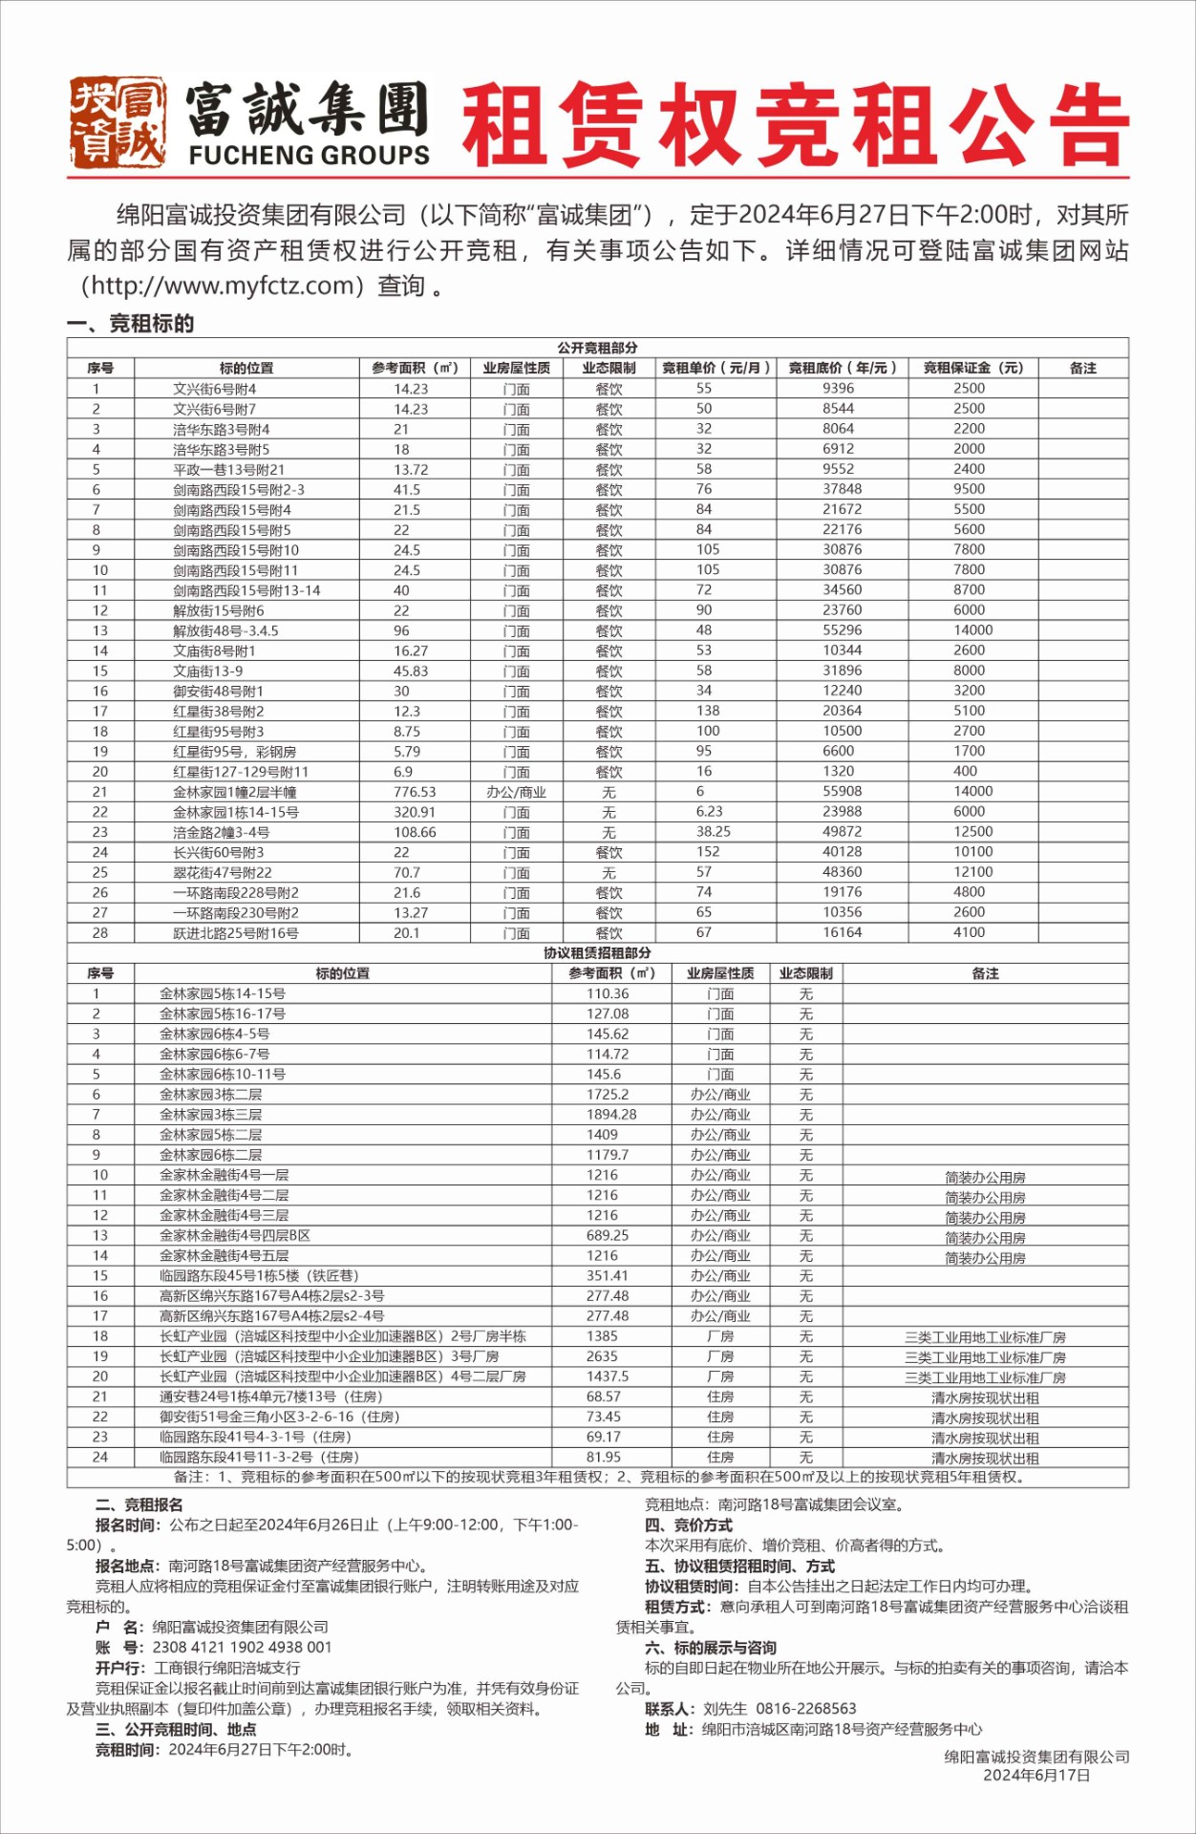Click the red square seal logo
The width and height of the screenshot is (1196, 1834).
[x=117, y=123]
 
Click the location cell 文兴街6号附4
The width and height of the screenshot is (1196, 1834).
[x=215, y=389]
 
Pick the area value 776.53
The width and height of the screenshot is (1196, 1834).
[x=415, y=792]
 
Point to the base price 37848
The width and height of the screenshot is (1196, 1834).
[x=842, y=489]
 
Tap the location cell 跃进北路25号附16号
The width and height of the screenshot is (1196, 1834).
[x=236, y=933]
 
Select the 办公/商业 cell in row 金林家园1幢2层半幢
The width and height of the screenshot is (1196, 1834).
[x=516, y=792]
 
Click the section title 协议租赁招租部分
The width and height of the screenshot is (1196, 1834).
[x=597, y=953]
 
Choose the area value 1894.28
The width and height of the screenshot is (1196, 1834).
[x=611, y=1115]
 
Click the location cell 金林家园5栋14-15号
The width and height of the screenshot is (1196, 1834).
[x=223, y=993]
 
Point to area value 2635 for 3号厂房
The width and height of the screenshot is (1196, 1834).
[x=602, y=1356]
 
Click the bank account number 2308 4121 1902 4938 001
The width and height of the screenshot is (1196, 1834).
[x=242, y=1648]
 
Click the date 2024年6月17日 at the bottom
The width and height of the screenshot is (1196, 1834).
[x=1036, y=1776]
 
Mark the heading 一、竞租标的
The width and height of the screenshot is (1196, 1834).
[x=131, y=324]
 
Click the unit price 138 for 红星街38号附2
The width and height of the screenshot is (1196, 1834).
[x=708, y=711]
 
